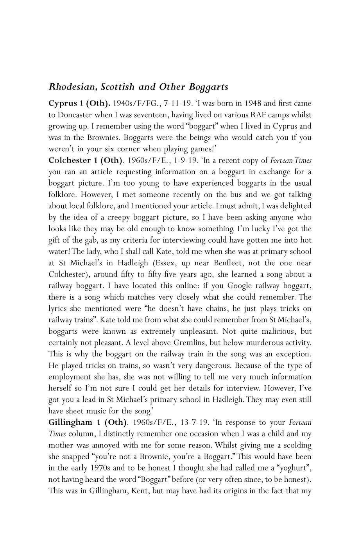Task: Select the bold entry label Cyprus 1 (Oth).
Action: tap(79, 104)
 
